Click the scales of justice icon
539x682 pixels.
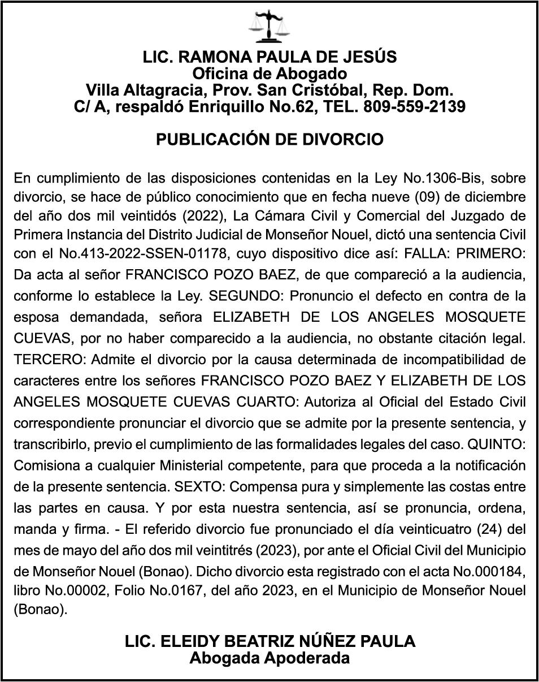[269, 27]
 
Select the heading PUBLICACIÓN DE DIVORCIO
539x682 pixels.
[269, 139]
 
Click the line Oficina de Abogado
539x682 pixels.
[269, 74]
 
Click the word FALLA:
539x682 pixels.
[425, 255]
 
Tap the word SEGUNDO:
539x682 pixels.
[241, 296]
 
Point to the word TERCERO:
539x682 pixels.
[50, 359]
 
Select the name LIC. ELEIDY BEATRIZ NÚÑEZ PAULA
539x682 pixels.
[269, 641]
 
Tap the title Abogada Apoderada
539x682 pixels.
[269, 658]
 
